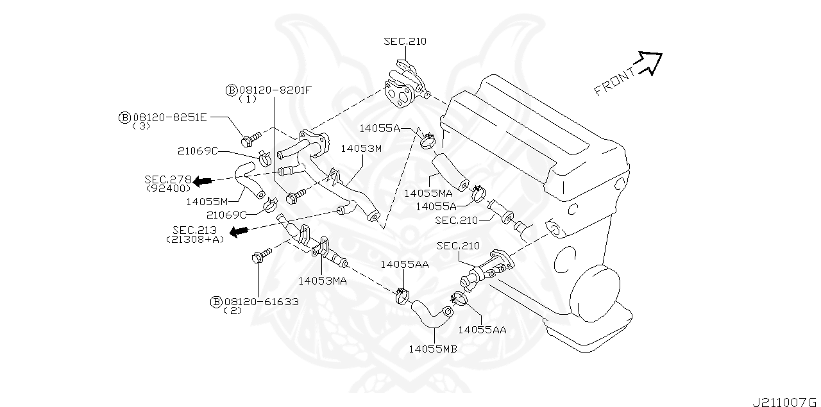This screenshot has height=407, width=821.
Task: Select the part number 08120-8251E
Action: click(170, 117)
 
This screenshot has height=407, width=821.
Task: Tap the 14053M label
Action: click(361, 148)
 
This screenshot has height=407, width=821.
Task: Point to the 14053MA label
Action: click(323, 280)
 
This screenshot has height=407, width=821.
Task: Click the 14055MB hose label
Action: click(433, 349)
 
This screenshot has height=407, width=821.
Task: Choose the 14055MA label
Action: click(428, 192)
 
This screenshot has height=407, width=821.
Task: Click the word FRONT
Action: click(615, 81)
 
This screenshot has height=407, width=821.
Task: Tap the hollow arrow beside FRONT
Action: click(650, 62)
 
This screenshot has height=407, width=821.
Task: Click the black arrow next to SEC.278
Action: click(203, 181)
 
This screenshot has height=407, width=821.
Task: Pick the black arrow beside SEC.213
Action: click(239, 231)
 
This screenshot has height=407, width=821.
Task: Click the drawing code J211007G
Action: click(786, 401)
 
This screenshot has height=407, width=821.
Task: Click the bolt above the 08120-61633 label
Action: click(261, 257)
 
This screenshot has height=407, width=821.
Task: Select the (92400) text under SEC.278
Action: click(169, 188)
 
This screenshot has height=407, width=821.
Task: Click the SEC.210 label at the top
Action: click(405, 41)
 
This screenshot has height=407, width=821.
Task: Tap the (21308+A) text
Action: click(195, 239)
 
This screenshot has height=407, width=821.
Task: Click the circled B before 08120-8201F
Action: click(232, 90)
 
